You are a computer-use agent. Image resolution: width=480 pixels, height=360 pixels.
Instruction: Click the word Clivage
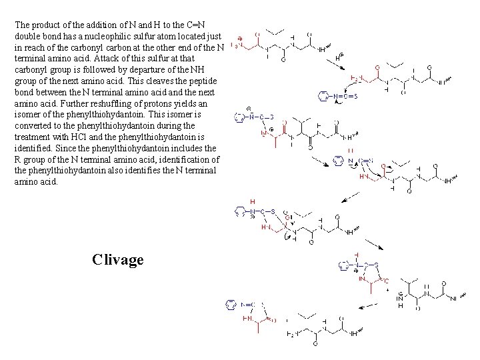pos(118,259)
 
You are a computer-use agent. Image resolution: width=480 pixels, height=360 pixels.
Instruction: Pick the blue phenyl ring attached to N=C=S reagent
pos(324,97)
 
